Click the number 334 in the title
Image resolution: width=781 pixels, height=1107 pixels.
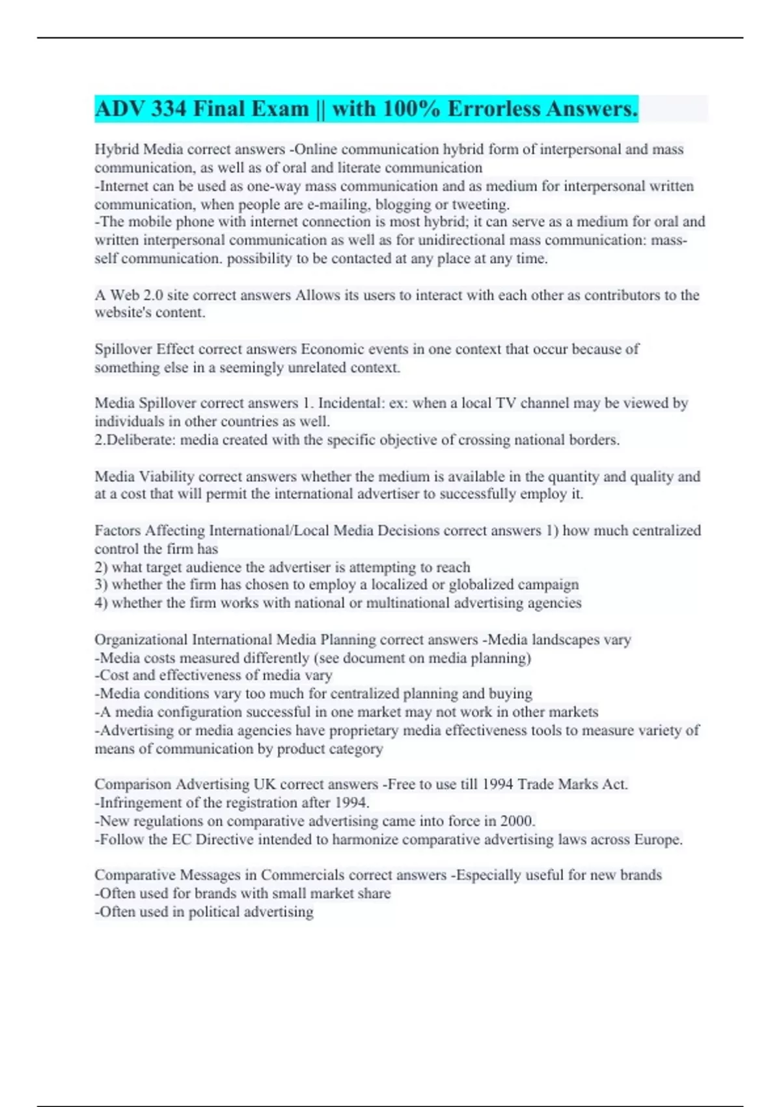pyautogui.click(x=169, y=109)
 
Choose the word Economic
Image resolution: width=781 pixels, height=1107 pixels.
pyautogui.click(x=330, y=349)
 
